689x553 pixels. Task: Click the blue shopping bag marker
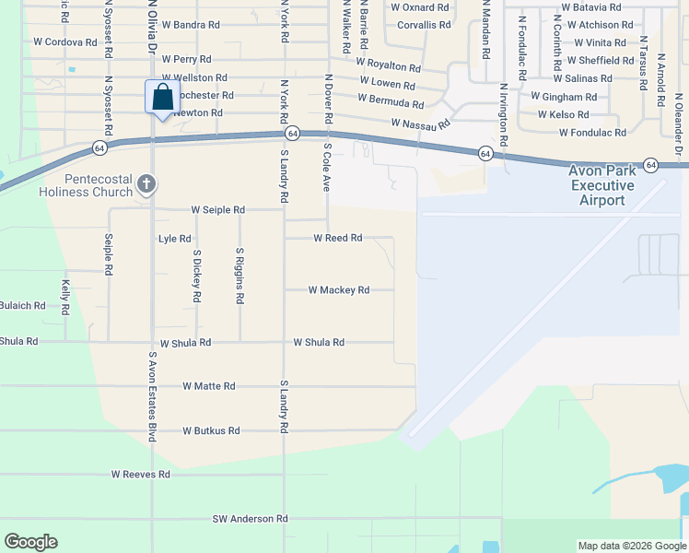click(162, 97)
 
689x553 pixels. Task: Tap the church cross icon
click(146, 185)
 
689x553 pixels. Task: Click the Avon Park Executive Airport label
click(602, 185)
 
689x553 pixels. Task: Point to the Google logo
click(30, 542)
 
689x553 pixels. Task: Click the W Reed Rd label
click(338, 238)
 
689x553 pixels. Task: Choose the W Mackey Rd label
click(338, 290)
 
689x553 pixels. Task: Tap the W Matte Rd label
click(209, 386)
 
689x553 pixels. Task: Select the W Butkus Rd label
click(211, 430)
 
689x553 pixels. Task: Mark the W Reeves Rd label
click(141, 475)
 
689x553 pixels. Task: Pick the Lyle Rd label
click(174, 239)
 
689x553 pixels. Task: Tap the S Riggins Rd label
click(239, 275)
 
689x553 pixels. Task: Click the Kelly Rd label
click(65, 299)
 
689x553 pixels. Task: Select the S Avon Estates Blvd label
click(153, 395)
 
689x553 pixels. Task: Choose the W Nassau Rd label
click(420, 123)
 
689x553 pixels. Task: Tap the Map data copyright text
click(631, 546)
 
